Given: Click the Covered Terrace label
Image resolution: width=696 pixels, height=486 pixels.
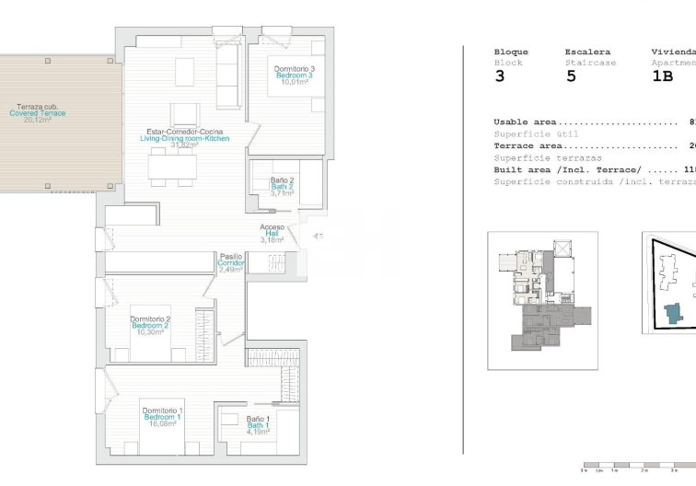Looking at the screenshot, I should click(x=38, y=113).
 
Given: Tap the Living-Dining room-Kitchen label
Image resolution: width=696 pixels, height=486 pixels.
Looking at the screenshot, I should click(x=184, y=138).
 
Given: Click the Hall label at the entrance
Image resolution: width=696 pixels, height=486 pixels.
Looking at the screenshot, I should click(x=273, y=234).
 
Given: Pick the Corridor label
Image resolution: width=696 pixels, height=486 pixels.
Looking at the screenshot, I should click(x=230, y=263).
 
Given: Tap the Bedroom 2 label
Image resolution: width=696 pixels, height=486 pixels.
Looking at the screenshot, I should click(x=150, y=326).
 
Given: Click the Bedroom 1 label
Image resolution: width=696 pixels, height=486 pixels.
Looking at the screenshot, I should click(x=162, y=417).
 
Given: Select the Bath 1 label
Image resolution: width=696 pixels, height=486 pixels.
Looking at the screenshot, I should click(x=258, y=425).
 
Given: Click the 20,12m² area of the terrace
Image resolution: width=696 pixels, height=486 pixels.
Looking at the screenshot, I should click(x=37, y=121).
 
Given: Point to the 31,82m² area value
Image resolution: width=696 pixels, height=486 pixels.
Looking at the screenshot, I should click(x=184, y=145).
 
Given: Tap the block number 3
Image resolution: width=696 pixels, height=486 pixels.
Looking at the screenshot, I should click(x=500, y=77).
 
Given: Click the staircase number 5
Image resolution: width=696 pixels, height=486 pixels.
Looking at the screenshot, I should click(x=571, y=77).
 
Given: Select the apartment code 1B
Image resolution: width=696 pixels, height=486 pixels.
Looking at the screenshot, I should click(x=662, y=77).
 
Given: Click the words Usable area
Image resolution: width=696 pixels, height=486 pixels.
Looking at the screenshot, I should click(x=525, y=121).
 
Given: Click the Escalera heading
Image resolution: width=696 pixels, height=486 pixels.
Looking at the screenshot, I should click(x=586, y=52).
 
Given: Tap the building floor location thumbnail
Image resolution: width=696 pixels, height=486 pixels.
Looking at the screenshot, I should click(x=542, y=300).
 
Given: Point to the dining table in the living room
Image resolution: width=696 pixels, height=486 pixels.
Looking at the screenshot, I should click(x=174, y=167).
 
